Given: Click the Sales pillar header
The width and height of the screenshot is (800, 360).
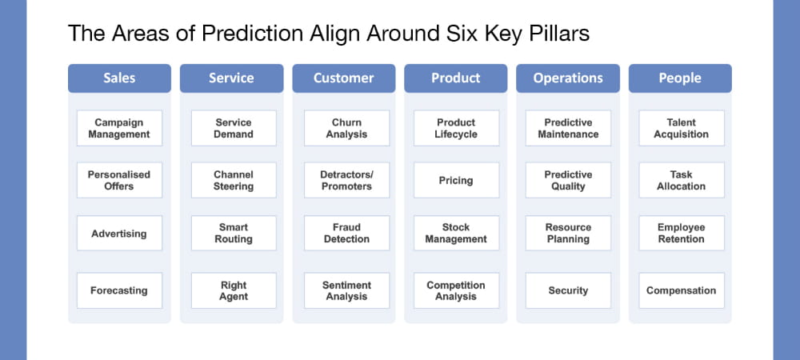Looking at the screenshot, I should tap(119, 78).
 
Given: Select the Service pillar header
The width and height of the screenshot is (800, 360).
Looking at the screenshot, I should tap(231, 78).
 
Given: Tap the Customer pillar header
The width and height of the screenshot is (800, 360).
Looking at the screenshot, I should tap(343, 78).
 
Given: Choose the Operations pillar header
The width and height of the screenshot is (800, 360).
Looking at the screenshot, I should tap(568, 78).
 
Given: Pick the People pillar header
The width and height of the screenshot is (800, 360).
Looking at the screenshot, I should tap(680, 78).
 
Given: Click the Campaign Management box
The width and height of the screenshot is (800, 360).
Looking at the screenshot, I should tap(119, 129).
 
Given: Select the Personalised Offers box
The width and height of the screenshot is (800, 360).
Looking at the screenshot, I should tap(119, 181).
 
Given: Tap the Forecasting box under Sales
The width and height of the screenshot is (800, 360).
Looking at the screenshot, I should tap(119, 291).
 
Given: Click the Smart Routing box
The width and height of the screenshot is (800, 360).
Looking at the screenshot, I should tap(234, 234).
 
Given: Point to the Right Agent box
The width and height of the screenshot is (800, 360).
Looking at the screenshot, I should tap(234, 291).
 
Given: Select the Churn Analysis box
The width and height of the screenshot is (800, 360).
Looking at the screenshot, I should tap(346, 129).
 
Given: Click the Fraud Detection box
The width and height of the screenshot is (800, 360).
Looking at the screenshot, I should tap(346, 234).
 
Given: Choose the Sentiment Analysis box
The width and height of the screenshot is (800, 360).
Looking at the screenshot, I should tap(346, 291).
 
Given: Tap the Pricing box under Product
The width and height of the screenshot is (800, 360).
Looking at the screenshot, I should tap(456, 181).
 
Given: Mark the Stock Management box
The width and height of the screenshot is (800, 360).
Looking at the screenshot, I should tap(456, 234).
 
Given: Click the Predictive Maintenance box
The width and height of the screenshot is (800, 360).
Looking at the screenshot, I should tap(568, 129).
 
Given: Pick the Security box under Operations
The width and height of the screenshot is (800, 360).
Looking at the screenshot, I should tap(568, 291).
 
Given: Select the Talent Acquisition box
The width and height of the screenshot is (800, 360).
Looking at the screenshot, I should tap(682, 129).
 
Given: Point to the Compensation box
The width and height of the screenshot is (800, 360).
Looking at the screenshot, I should tap(682, 291).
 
